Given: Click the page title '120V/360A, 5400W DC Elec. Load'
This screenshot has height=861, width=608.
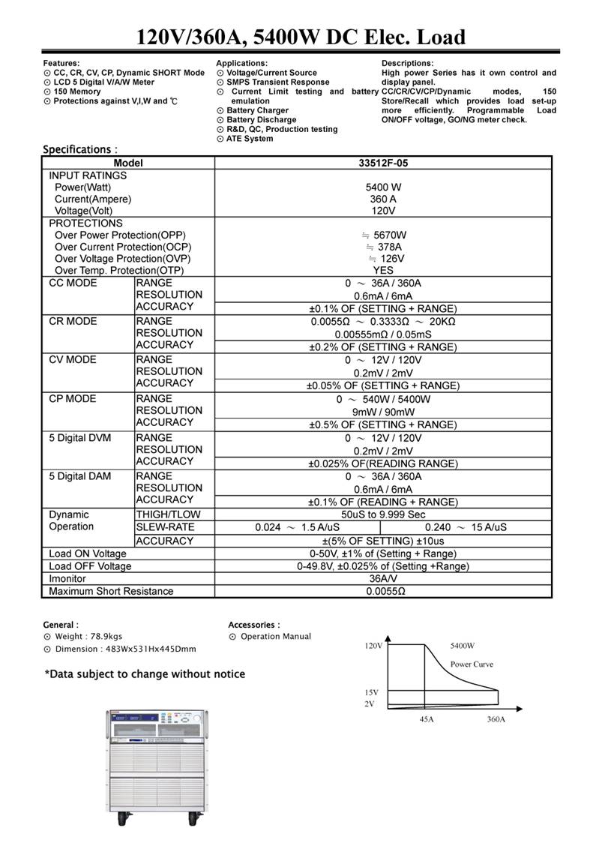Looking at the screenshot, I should [301, 36].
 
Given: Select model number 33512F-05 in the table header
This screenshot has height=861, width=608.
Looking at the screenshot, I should [383, 163].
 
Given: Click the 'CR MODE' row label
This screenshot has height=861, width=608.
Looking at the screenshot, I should [73, 321].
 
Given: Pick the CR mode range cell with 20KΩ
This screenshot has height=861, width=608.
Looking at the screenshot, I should [383, 321].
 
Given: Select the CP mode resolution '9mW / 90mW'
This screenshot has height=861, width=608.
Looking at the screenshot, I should [383, 411].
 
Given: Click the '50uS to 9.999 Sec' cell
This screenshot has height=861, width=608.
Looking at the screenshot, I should [383, 514].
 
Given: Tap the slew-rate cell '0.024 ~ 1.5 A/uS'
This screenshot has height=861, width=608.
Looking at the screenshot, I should [297, 527].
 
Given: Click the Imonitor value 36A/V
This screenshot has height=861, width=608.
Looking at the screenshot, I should [383, 578].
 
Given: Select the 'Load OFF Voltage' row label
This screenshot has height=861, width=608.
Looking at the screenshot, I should [90, 566].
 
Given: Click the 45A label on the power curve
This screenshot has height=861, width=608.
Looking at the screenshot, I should [425, 719].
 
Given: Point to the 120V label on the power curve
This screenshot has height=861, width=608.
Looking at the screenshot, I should [373, 645].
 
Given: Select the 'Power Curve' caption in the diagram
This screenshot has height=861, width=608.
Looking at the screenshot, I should [472, 664].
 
